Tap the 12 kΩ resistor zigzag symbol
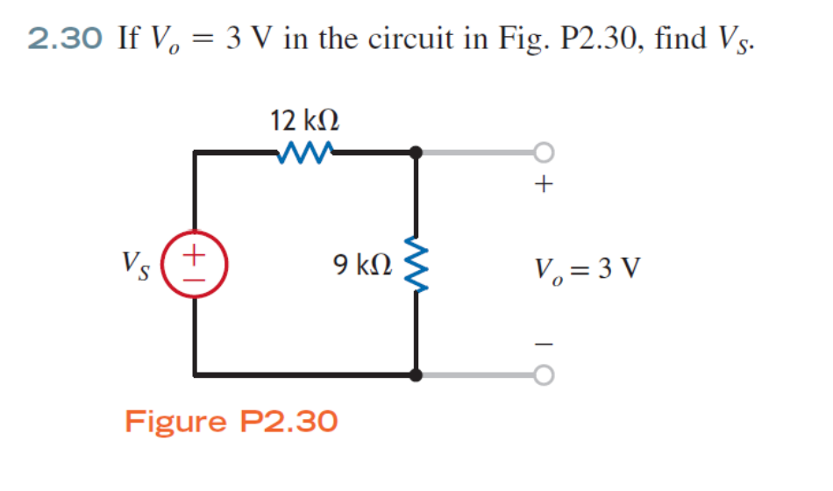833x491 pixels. (x=304, y=153)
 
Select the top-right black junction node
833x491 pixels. (x=416, y=153)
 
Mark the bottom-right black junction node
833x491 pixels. (x=416, y=375)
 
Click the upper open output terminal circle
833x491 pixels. (x=545, y=153)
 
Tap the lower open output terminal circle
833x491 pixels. (x=545, y=375)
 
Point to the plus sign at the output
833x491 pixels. (x=545, y=185)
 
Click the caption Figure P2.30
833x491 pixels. (x=231, y=422)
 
